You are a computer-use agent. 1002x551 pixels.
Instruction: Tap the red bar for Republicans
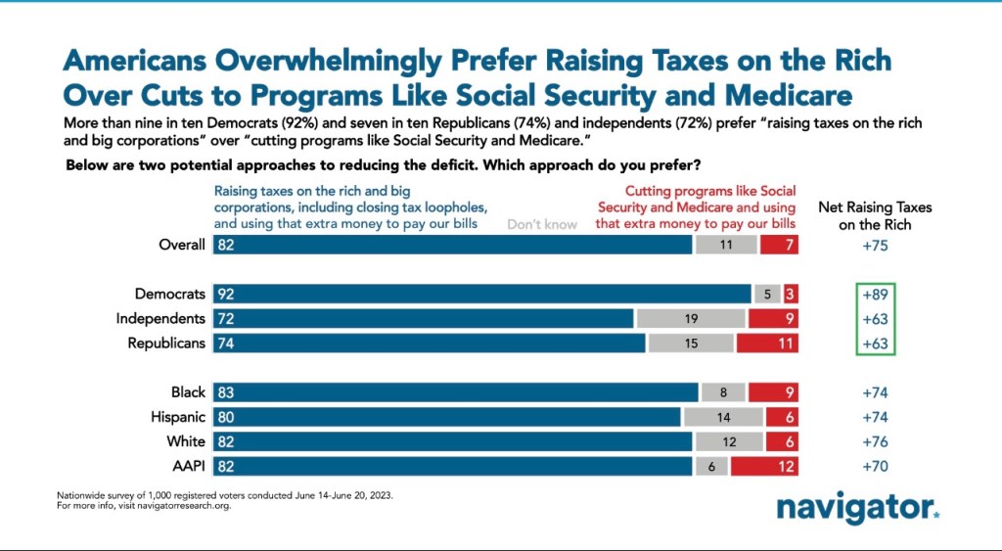pos(767,344)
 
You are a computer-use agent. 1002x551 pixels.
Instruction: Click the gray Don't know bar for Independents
pos(692,318)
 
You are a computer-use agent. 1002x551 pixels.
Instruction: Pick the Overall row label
pos(182,245)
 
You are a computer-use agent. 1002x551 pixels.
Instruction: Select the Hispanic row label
pos(179,417)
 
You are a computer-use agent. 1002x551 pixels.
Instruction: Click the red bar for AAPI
pos(764,466)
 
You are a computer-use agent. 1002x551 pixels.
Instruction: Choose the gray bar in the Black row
pos(722,392)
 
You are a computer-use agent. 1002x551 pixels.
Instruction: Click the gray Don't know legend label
pos(542,224)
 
